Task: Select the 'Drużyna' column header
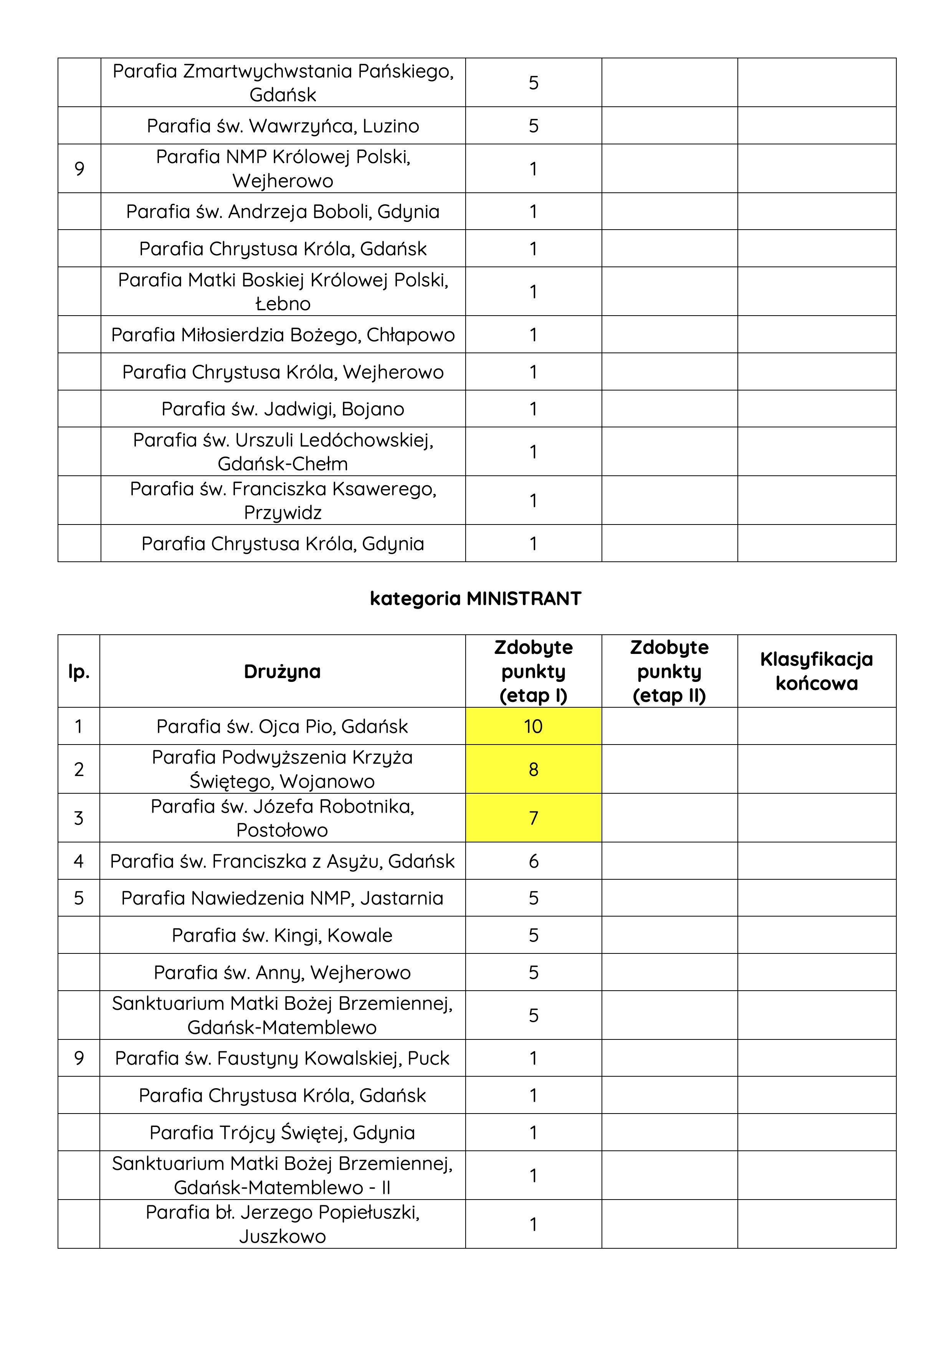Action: (282, 671)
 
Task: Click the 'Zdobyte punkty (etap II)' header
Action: (669, 671)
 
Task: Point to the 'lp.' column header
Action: (79, 671)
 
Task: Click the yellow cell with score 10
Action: (533, 726)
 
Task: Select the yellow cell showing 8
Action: (533, 769)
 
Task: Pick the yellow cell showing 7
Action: (533, 818)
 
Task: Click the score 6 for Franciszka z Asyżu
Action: (533, 861)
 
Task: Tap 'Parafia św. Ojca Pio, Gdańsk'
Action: (282, 726)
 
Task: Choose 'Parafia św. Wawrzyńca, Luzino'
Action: (283, 126)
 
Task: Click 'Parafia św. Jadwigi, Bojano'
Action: (283, 409)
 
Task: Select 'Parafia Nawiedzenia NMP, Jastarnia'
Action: (282, 898)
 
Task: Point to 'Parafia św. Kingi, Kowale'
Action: (282, 935)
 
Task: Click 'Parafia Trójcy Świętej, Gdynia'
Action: (282, 1132)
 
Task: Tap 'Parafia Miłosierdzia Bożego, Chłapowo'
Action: (283, 334)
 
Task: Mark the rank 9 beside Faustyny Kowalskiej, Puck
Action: (79, 1058)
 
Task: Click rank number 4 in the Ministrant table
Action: (79, 861)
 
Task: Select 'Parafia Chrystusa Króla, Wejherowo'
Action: (283, 372)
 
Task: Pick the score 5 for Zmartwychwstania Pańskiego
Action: (533, 83)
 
